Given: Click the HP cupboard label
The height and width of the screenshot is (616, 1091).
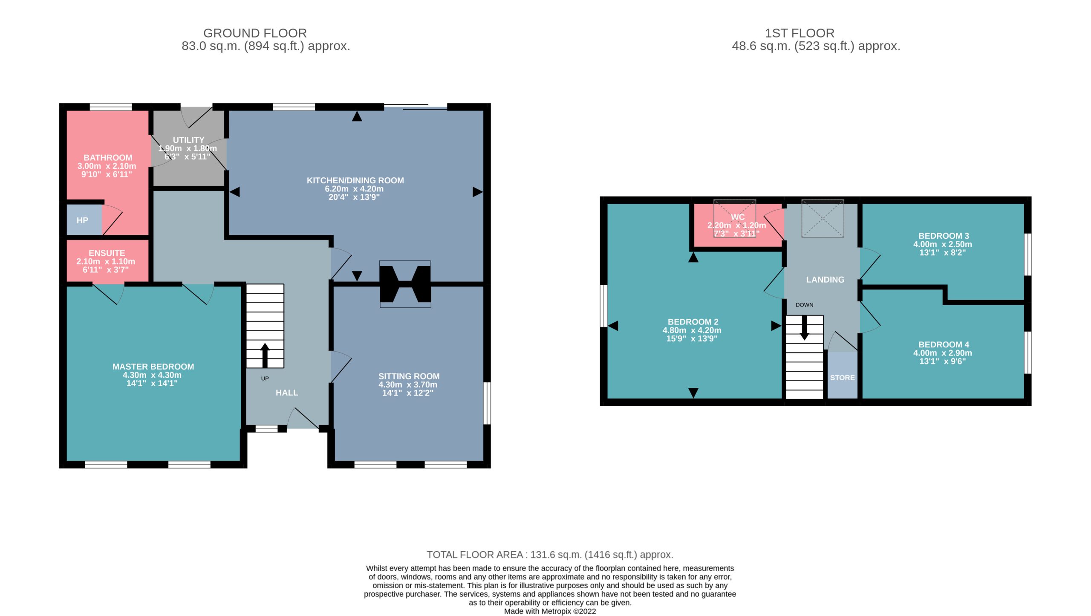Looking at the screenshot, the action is click(x=82, y=220).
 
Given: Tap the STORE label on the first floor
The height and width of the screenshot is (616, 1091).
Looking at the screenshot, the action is click(x=842, y=378).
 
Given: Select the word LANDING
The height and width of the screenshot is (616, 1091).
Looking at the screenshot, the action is click(x=825, y=280).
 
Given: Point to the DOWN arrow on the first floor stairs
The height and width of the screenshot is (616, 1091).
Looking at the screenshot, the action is click(x=804, y=327).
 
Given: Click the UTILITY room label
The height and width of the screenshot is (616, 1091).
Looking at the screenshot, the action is click(x=188, y=140).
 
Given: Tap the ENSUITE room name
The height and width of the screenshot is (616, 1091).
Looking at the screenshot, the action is click(x=107, y=253).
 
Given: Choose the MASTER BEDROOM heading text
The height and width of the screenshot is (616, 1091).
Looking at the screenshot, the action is click(x=153, y=367).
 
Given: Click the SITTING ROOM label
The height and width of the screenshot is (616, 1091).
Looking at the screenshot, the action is click(x=409, y=376).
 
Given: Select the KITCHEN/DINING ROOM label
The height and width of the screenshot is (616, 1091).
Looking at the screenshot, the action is click(x=355, y=181).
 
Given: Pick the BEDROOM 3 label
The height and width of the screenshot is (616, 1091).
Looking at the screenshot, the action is click(x=944, y=236).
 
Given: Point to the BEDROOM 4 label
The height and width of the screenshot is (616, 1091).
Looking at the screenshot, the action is click(x=944, y=344).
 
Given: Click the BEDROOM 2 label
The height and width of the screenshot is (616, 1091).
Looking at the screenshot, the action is click(x=693, y=322).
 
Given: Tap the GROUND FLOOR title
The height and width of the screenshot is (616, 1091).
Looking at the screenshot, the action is click(x=255, y=33).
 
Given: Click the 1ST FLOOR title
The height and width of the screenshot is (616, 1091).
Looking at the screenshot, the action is click(x=799, y=33).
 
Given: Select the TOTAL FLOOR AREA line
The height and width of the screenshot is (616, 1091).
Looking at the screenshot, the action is click(x=550, y=555).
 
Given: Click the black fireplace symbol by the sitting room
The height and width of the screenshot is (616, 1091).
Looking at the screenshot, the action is click(x=405, y=284).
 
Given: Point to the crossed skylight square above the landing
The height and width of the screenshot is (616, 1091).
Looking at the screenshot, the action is click(x=823, y=218).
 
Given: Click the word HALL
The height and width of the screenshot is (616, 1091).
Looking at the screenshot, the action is click(x=287, y=393).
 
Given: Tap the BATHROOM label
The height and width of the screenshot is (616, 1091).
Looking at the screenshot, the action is click(x=108, y=158).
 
